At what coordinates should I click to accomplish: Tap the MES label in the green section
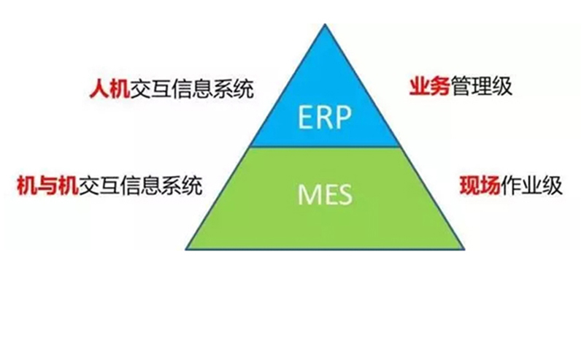click(325, 195)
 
